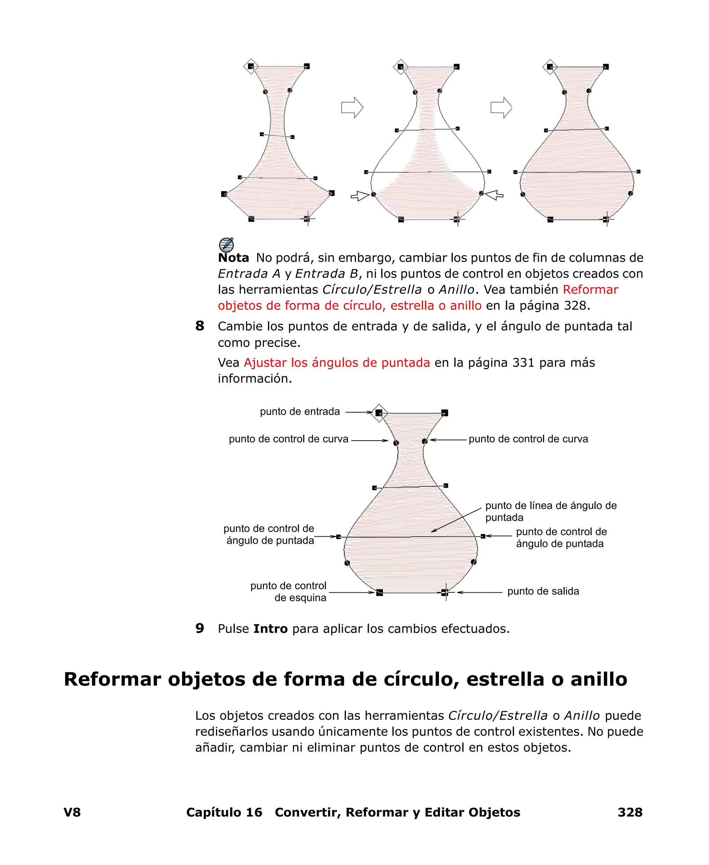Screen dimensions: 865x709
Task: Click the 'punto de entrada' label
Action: click(300, 412)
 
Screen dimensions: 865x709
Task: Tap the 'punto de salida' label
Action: click(543, 591)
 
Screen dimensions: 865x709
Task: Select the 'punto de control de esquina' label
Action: click(288, 592)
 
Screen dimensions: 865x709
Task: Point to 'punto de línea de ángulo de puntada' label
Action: click(550, 512)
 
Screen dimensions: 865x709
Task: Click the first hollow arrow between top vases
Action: click(352, 107)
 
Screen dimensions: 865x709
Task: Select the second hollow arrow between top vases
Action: click(501, 107)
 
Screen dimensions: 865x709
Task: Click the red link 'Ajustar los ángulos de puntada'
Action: click(336, 362)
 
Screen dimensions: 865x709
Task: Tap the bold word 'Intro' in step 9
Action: click(270, 628)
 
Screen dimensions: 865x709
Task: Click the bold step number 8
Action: click(200, 326)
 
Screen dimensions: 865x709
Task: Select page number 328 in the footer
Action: click(630, 812)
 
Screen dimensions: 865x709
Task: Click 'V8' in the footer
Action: click(72, 812)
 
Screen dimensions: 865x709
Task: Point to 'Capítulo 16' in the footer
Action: click(224, 812)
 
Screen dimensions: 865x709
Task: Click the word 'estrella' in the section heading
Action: click(505, 680)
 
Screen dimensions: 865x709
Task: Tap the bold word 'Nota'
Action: click(233, 258)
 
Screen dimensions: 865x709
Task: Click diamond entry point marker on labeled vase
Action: click(379, 413)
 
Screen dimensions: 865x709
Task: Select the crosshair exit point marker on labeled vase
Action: click(445, 592)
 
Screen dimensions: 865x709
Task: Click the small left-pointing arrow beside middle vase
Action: click(494, 195)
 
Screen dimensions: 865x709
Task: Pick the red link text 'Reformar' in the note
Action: click(590, 290)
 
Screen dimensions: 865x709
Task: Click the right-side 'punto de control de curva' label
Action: click(528, 439)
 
